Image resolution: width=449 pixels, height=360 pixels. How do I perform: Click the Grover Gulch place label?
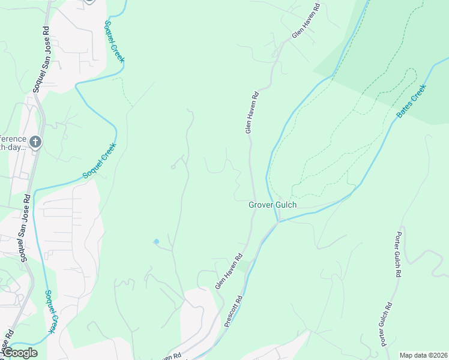pos(273,205)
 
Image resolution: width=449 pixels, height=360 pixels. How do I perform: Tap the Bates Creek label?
pos(411,100)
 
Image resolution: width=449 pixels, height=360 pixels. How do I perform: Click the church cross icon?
pos(35,142)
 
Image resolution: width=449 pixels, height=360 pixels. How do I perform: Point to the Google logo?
pos(19,353)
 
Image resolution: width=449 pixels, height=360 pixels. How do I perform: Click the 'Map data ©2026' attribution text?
pos(423,355)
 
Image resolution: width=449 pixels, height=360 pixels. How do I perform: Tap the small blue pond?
pos(157,242)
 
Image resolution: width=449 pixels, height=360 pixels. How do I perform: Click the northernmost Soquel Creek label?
pos(114,42)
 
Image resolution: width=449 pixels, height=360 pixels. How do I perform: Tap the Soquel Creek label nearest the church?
pos(100,160)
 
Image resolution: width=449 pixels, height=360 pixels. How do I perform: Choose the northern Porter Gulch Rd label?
pos(397,254)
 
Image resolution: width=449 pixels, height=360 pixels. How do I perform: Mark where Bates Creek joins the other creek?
pos(277,221)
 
